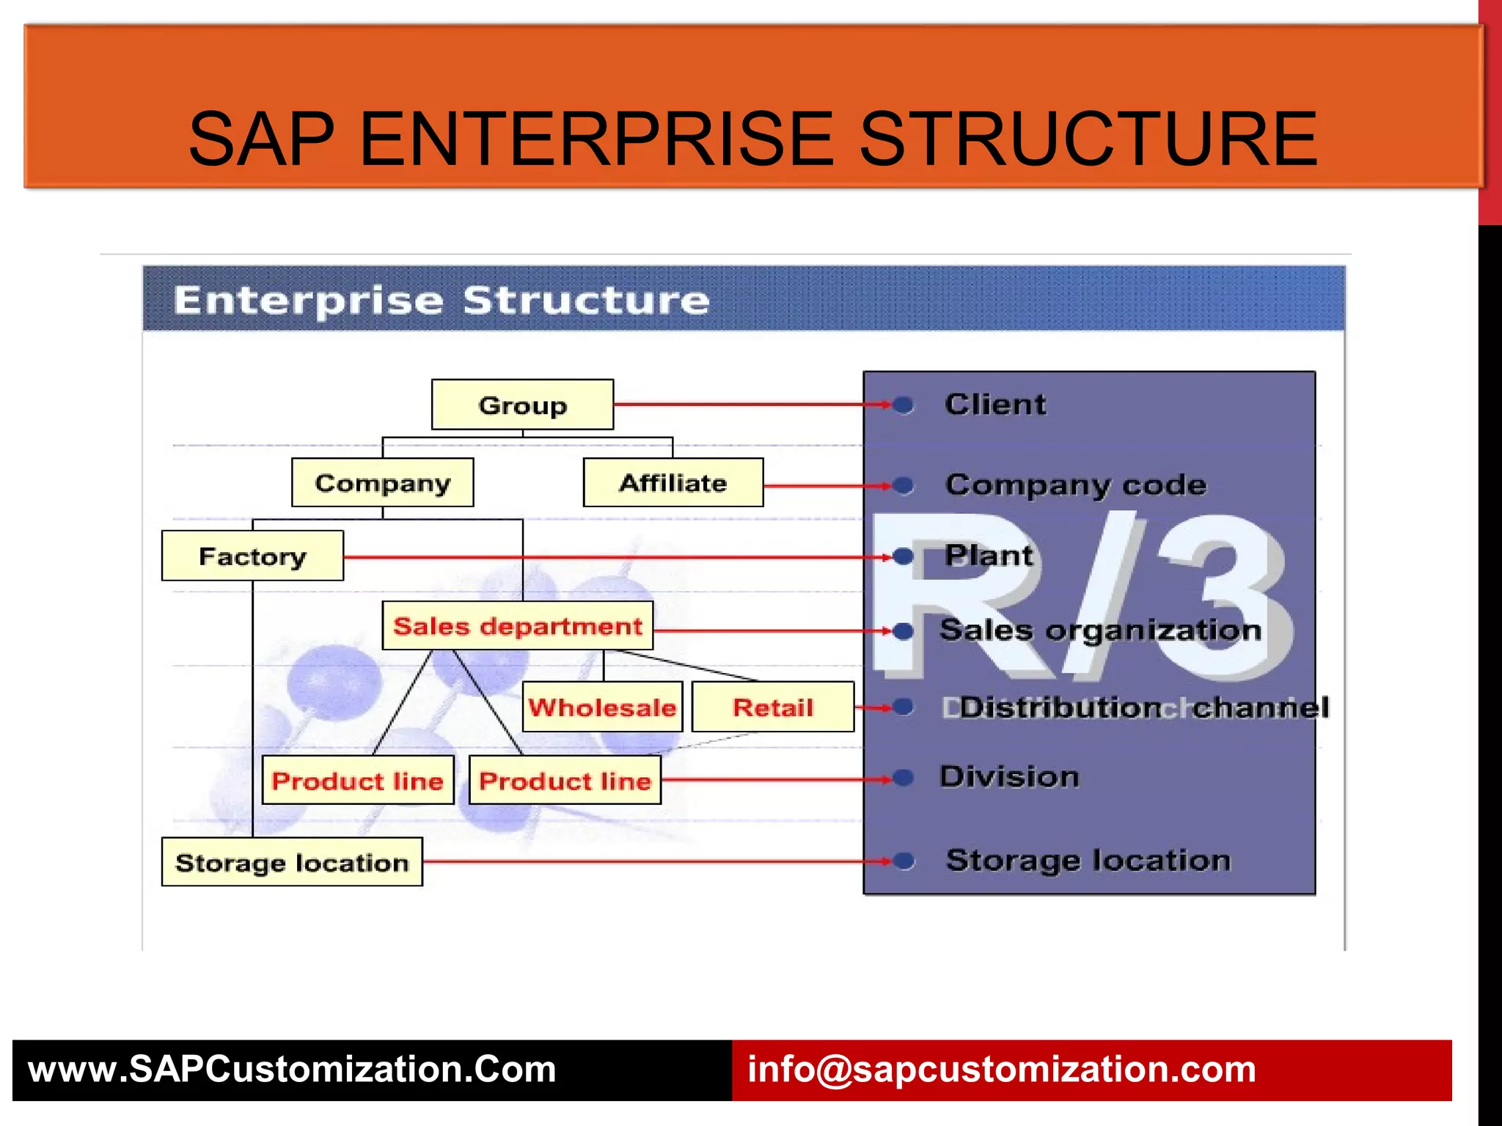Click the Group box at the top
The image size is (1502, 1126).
click(x=522, y=405)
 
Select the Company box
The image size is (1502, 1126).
click(x=382, y=482)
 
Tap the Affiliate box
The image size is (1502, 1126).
click(x=673, y=482)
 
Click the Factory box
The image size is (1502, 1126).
click(x=252, y=556)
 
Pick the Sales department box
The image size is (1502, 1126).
click(x=517, y=626)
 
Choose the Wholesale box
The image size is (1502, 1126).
click(x=602, y=707)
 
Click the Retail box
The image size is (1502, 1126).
click(x=773, y=707)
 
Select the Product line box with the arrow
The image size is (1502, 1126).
click(x=565, y=781)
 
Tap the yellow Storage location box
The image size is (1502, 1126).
click(x=292, y=862)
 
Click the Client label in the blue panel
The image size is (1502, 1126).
click(x=995, y=405)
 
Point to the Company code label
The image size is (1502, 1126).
click(x=1075, y=485)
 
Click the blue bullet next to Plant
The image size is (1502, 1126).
click(x=904, y=557)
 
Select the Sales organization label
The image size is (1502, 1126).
click(x=1100, y=630)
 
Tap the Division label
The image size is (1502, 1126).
click(x=1009, y=776)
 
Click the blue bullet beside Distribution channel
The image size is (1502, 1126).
click(x=904, y=707)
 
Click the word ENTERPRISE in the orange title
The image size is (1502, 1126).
click(x=596, y=139)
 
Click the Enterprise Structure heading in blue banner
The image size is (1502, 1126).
click(x=442, y=301)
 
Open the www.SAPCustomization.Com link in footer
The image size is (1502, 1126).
click(x=292, y=1070)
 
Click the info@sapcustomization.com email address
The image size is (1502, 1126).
click(x=1001, y=1070)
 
